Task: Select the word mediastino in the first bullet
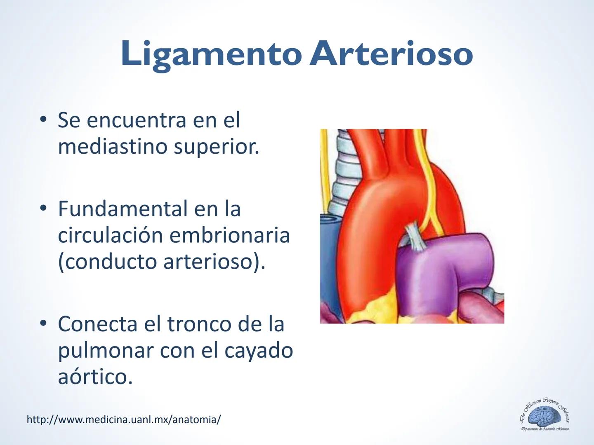112,146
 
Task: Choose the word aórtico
95,376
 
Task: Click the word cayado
259,350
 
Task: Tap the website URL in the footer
123,419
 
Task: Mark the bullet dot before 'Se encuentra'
42,120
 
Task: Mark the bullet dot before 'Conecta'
42,324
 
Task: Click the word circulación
110,235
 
